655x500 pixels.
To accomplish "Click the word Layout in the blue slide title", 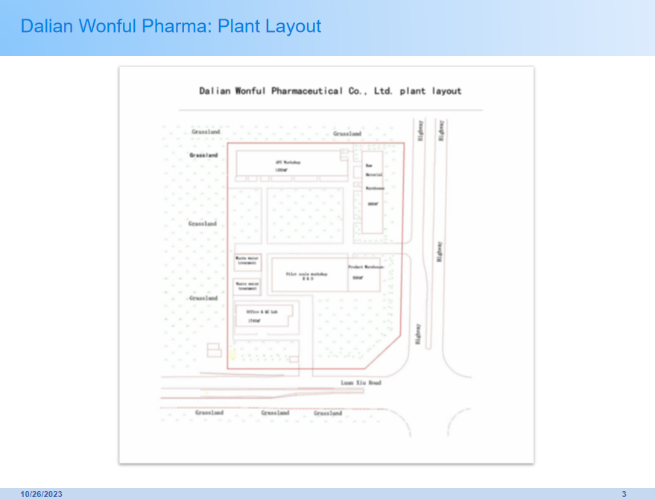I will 296,26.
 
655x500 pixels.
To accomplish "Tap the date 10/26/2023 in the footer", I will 41,494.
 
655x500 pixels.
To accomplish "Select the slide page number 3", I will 624,494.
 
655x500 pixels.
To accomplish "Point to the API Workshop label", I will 288,161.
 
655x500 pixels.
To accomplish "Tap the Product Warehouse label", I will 365,266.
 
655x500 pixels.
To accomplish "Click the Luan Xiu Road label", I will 361,383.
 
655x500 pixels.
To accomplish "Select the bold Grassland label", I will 203,155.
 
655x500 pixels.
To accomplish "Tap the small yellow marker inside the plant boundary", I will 232,355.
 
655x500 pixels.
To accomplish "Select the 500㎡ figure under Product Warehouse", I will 358,277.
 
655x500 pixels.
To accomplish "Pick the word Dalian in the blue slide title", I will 46,26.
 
